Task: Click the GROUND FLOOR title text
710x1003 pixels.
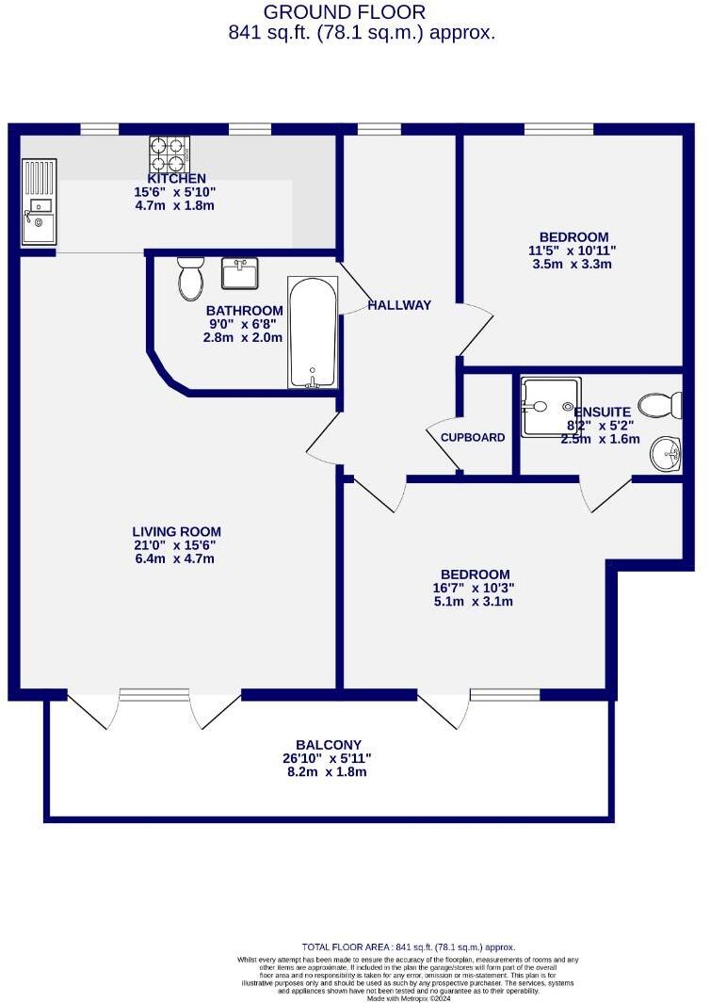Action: click(344, 12)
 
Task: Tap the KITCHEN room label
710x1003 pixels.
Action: click(176, 178)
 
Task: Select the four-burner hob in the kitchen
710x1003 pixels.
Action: click(169, 151)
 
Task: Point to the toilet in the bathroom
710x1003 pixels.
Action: click(190, 277)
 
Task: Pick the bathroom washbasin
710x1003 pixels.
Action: click(240, 273)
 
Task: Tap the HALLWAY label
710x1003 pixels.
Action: click(399, 305)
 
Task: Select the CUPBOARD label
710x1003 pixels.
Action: click(473, 437)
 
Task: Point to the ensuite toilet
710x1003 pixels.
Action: click(661, 406)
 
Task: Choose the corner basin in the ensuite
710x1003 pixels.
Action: click(667, 453)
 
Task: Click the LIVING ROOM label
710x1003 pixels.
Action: click(177, 531)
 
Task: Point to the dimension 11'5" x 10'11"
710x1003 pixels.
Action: click(573, 251)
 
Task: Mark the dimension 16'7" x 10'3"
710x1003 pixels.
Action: click(476, 588)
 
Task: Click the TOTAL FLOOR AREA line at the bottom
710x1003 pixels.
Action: click(409, 946)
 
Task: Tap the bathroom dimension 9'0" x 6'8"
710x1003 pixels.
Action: click(243, 324)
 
